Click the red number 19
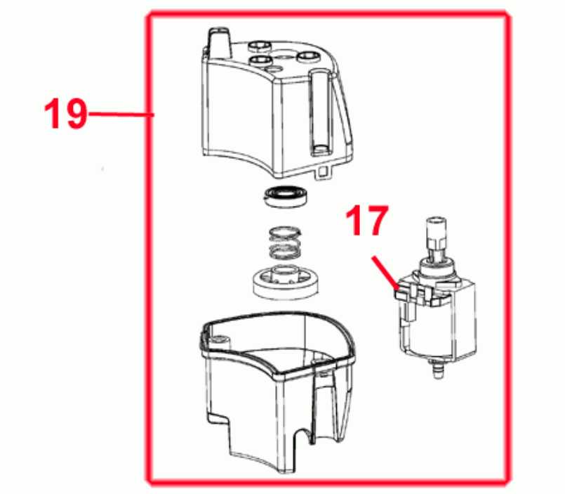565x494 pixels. click(65, 113)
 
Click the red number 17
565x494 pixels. click(367, 221)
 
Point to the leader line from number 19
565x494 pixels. click(121, 114)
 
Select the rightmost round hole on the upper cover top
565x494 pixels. click(308, 57)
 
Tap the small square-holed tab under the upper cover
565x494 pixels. click(324, 171)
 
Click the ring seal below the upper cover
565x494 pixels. click(285, 196)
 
